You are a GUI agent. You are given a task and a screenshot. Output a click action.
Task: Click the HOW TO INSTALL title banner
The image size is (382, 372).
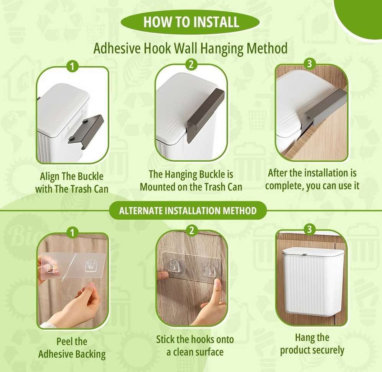click(x=190, y=22)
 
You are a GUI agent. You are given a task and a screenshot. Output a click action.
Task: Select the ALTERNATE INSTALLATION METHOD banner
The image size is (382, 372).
click(x=188, y=210)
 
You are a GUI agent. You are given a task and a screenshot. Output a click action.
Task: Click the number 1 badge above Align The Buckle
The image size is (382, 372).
click(x=72, y=66)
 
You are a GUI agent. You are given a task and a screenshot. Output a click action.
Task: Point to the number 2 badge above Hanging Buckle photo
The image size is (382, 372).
click(x=191, y=65)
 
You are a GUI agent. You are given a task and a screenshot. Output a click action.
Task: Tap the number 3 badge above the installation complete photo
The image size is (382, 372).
click(x=310, y=64)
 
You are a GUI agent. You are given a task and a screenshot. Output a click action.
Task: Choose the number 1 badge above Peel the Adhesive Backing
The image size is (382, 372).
click(x=72, y=233)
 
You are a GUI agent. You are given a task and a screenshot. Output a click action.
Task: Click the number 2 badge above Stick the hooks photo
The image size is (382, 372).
click(x=191, y=230)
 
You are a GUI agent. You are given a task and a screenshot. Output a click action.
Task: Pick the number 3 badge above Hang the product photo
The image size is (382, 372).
click(x=310, y=229)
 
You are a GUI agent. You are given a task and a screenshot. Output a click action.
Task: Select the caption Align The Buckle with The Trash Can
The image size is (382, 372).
click(x=72, y=183)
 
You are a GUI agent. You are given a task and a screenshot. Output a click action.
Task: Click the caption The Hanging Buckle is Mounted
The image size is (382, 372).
click(x=191, y=181)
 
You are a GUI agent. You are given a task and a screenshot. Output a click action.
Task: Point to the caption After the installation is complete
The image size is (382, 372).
click(x=312, y=179)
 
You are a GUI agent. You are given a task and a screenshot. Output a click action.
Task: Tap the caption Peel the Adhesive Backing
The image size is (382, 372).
click(x=72, y=348)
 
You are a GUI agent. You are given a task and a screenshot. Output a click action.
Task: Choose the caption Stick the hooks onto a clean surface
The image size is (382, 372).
click(x=195, y=346)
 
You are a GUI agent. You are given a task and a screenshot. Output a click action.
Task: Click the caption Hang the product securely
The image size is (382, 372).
click(x=312, y=344)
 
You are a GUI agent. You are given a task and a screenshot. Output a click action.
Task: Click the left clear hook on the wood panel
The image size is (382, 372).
click(x=173, y=266)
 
